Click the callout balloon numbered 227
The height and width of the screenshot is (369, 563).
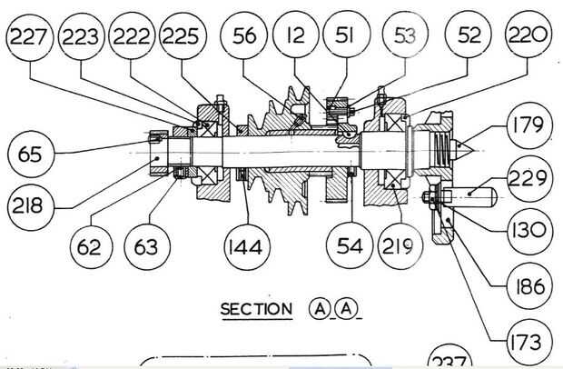click(x=30, y=37)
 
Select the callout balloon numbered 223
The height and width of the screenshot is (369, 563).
click(x=81, y=36)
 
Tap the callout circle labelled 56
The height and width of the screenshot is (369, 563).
click(x=244, y=35)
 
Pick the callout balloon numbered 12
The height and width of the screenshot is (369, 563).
click(x=295, y=35)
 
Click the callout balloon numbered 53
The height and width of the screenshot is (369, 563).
click(x=405, y=35)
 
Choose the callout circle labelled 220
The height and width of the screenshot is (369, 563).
click(x=528, y=35)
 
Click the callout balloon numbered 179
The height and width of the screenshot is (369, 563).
click(x=529, y=125)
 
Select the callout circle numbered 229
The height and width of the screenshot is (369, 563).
click(x=529, y=178)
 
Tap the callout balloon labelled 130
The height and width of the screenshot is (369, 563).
click(x=529, y=231)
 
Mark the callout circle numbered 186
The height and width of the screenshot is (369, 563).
click(x=529, y=286)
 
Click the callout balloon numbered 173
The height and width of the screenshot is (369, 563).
click(x=529, y=343)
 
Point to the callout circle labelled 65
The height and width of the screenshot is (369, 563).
click(x=31, y=155)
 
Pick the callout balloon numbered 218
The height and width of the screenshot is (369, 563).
click(x=31, y=207)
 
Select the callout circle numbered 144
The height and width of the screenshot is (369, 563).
click(x=247, y=247)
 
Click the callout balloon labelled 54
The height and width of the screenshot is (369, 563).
click(x=350, y=245)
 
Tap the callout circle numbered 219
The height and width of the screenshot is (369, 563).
click(x=400, y=246)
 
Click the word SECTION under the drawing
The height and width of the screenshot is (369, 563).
click(x=256, y=309)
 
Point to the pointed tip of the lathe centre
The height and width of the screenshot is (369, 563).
click(x=474, y=149)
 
